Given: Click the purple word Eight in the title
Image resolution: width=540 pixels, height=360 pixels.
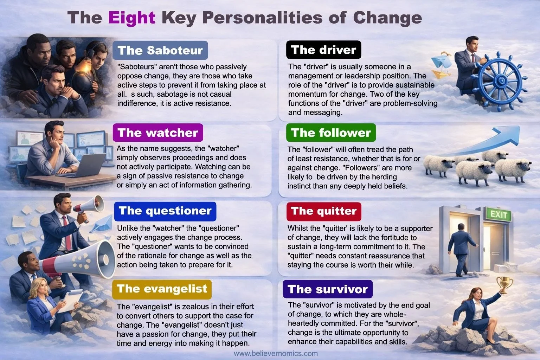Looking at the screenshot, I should (x=132, y=18).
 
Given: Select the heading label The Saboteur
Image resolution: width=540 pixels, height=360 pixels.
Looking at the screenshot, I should (x=160, y=50).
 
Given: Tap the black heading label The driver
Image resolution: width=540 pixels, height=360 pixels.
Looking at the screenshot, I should (x=324, y=50).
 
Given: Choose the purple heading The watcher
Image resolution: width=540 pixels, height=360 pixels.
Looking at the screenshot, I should (x=158, y=133).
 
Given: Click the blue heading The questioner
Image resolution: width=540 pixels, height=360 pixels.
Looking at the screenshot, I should (x=165, y=211).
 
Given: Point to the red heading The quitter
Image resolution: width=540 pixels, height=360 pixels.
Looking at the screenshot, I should (x=324, y=211).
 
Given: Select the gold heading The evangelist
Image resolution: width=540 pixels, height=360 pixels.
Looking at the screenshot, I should (x=162, y=289).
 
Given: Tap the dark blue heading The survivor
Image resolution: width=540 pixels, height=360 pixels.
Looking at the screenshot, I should (x=327, y=289).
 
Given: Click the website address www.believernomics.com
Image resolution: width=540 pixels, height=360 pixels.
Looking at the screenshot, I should (x=276, y=354).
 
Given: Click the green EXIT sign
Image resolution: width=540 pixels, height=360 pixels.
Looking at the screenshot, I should (x=499, y=214).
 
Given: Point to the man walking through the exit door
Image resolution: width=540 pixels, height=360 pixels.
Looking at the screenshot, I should (x=461, y=248).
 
